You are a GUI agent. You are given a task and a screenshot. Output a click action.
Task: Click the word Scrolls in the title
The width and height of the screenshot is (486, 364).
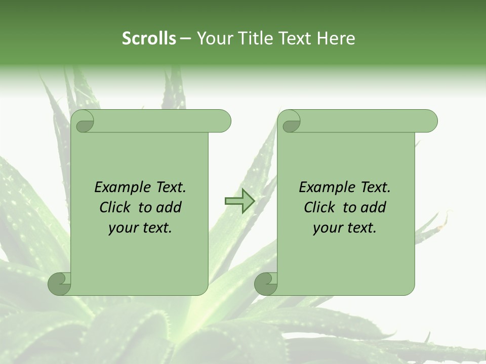click(149, 38)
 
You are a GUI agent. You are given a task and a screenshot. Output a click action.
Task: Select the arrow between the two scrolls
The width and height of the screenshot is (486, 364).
click(239, 202)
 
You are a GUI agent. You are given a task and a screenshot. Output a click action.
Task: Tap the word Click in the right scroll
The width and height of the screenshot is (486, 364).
click(319, 208)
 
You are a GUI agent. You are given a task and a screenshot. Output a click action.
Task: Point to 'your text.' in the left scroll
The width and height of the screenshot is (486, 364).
click(140, 228)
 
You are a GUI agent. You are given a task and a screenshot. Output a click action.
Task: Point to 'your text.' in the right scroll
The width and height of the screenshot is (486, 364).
click(344, 228)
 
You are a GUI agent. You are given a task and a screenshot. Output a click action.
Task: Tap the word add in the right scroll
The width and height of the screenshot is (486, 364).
click(374, 208)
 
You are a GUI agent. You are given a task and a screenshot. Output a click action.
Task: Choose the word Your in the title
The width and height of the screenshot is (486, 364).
click(213, 38)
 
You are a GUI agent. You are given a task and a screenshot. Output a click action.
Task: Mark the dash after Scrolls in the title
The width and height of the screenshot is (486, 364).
click(185, 39)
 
